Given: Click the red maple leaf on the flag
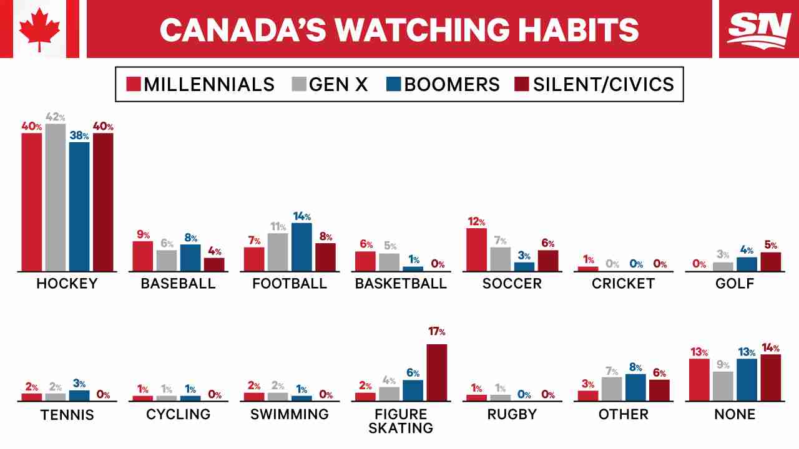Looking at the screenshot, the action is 39,29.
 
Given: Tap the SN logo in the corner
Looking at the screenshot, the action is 758,31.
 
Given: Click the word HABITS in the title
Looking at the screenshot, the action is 578,30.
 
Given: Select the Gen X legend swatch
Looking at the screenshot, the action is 299,84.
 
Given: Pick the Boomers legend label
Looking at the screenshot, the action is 452,85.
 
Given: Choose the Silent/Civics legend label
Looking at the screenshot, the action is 604,85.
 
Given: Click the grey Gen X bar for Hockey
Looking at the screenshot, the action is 56,198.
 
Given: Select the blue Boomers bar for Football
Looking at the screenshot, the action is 301,248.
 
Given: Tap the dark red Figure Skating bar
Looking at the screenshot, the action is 436,372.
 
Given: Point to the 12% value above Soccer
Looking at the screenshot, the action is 476,221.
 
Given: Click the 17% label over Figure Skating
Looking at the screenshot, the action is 436,331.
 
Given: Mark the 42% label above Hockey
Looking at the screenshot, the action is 56,117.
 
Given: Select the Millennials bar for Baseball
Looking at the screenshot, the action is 143,256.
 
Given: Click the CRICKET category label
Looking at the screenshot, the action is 623,284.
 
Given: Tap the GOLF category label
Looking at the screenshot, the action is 735,284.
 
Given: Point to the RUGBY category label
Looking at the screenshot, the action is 512,415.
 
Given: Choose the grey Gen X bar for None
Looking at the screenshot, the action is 723,386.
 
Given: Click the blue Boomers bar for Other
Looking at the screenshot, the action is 635,388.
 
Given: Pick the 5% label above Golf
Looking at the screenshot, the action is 770,245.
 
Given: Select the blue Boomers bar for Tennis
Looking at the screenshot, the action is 79,396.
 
